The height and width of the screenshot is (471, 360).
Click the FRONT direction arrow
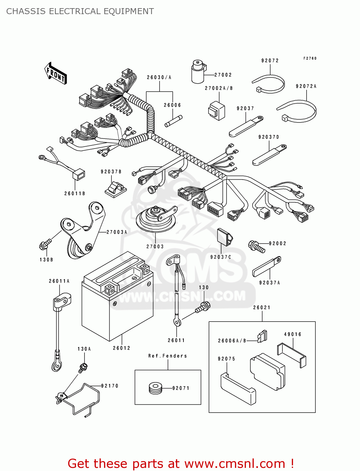point(56,73)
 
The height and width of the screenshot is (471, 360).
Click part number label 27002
point(223,75)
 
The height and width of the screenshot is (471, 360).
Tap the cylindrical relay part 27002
point(198,72)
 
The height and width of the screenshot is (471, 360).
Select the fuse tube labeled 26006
point(173,121)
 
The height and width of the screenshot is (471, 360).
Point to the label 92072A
point(306,86)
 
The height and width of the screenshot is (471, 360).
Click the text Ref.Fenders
point(167,356)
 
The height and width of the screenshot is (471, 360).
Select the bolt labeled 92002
point(256,246)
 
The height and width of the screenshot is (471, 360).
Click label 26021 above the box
point(262,308)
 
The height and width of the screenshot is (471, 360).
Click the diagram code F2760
point(310,58)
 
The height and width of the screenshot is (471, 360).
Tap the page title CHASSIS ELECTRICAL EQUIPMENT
point(80,12)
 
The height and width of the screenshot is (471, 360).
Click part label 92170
point(110,386)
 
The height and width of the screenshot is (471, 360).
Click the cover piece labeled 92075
point(238,388)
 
